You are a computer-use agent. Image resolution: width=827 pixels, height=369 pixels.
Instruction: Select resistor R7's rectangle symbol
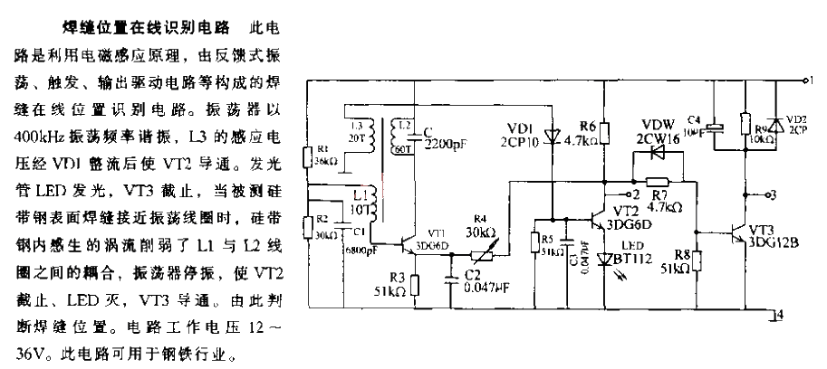657,181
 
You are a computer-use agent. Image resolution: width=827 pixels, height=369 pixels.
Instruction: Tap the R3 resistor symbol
416,286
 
